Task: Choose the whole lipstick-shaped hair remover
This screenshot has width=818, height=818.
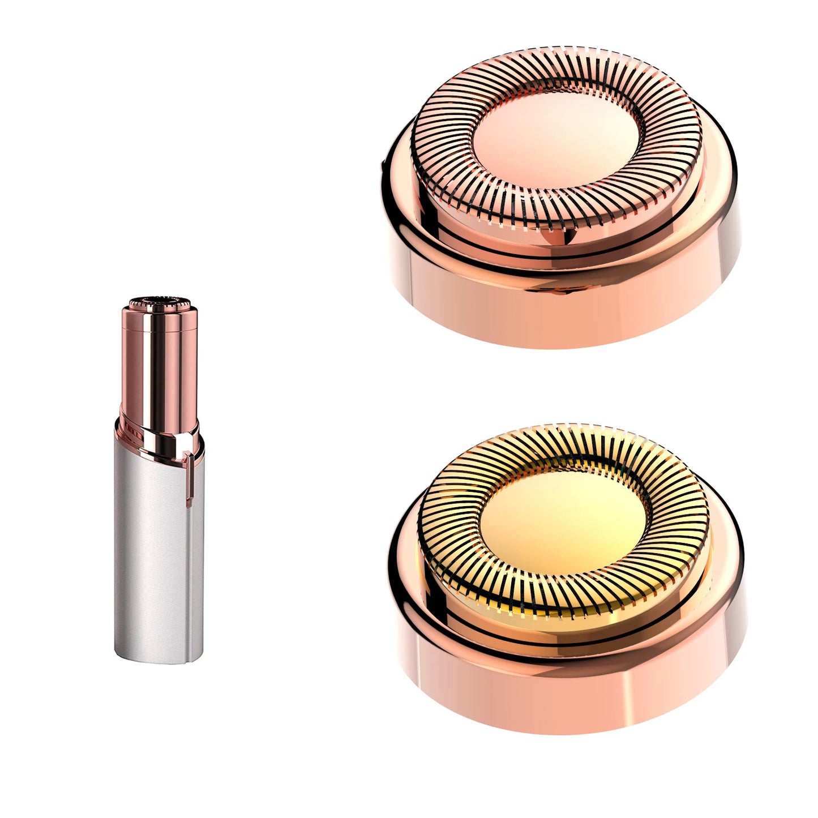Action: [x=160, y=481]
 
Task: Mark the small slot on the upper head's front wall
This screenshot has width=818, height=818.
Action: [x=560, y=292]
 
